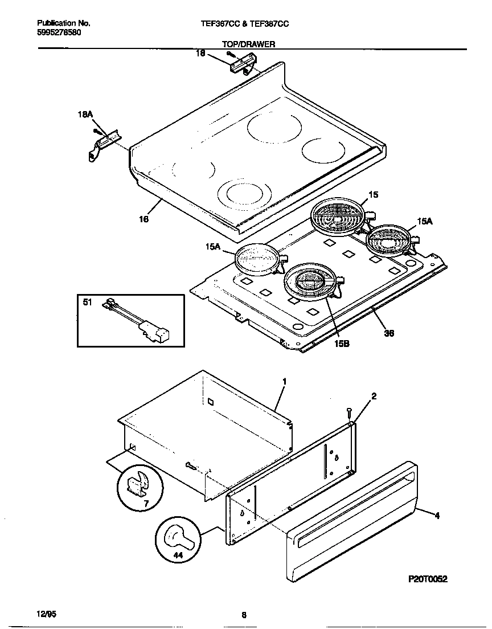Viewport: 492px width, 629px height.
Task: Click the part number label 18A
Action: pyautogui.click(x=85, y=115)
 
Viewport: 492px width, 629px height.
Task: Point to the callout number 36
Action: pyautogui.click(x=389, y=333)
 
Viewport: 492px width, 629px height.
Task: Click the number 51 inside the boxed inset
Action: pyautogui.click(x=87, y=303)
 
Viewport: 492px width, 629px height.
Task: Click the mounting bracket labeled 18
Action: pyautogui.click(x=239, y=64)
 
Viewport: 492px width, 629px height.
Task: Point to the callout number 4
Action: pyautogui.click(x=437, y=517)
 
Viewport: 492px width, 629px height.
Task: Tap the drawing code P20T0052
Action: pyautogui.click(x=428, y=579)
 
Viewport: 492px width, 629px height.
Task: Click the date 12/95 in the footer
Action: pyautogui.click(x=46, y=614)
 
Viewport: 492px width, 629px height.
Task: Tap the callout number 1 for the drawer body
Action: pyautogui.click(x=284, y=380)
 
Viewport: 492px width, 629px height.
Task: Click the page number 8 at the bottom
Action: pyautogui.click(x=244, y=615)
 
